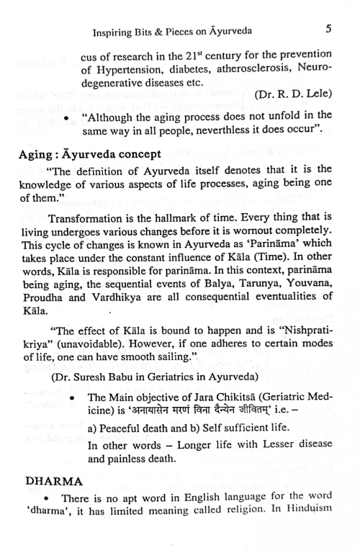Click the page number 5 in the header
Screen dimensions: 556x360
point(328,31)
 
